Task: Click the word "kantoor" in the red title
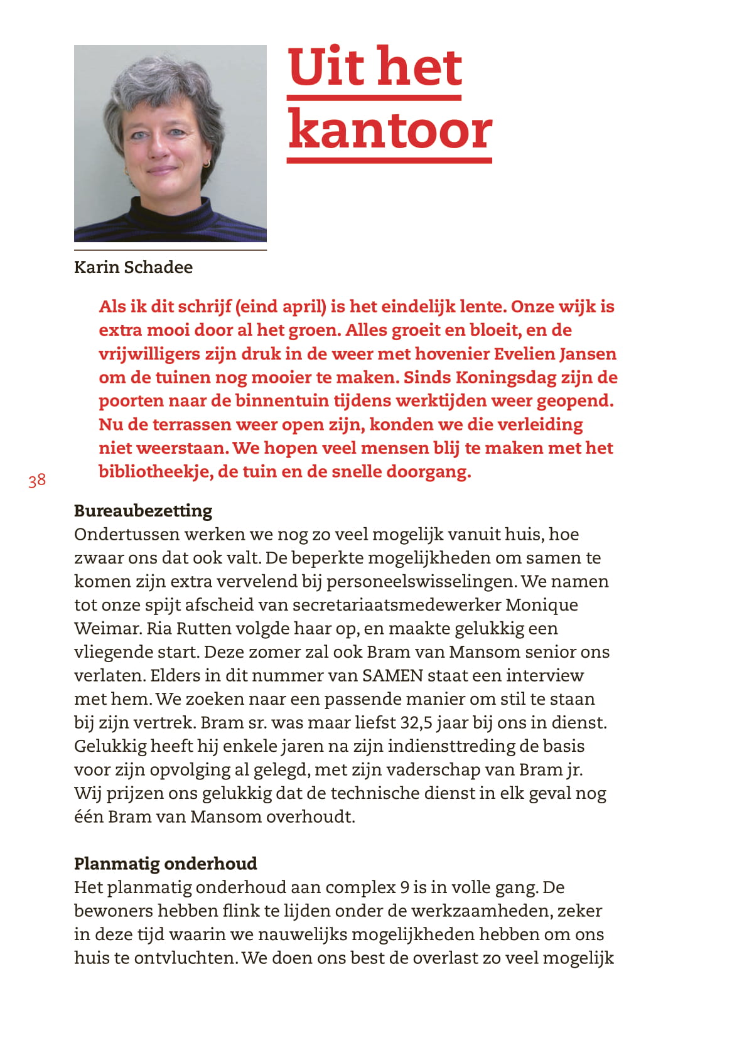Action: pyautogui.click(x=389, y=130)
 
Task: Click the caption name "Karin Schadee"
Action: pyautogui.click(x=133, y=267)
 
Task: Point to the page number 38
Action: pyautogui.click(x=37, y=481)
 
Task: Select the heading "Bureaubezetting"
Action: pyautogui.click(x=143, y=511)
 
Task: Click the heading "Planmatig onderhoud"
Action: pyautogui.click(x=166, y=864)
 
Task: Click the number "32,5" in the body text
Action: pyautogui.click(x=417, y=723)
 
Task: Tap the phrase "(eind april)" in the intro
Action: pyautogui.click(x=281, y=307)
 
